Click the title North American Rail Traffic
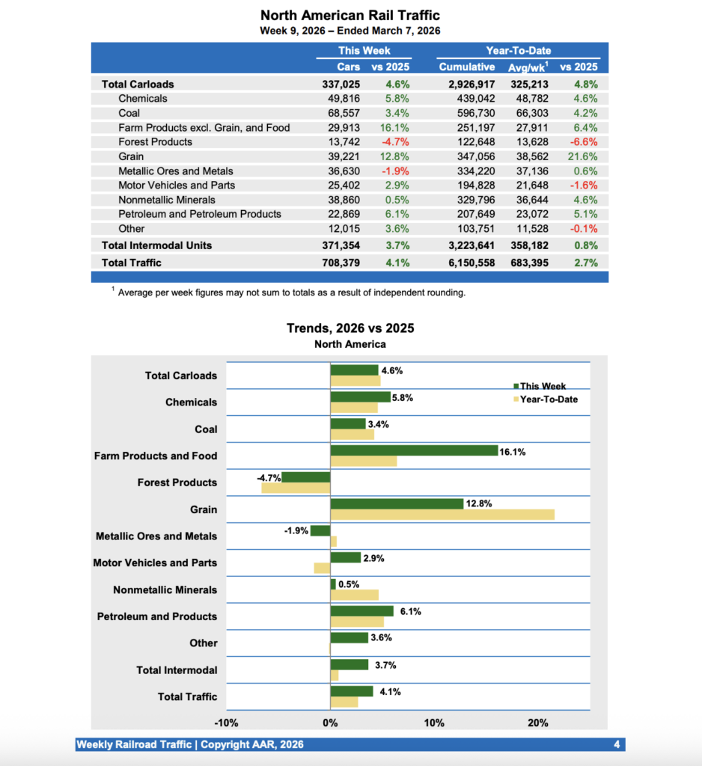[x=350, y=15]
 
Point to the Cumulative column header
[x=466, y=67]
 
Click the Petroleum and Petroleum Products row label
[x=199, y=214]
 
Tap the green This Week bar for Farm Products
[x=414, y=450]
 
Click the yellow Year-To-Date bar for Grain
[x=442, y=515]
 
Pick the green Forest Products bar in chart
[x=305, y=477]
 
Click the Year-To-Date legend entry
[x=549, y=399]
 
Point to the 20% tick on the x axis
[x=537, y=723]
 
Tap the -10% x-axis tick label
[x=226, y=723]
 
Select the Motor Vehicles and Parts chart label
[x=155, y=563]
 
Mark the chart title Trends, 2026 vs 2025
[x=350, y=328]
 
